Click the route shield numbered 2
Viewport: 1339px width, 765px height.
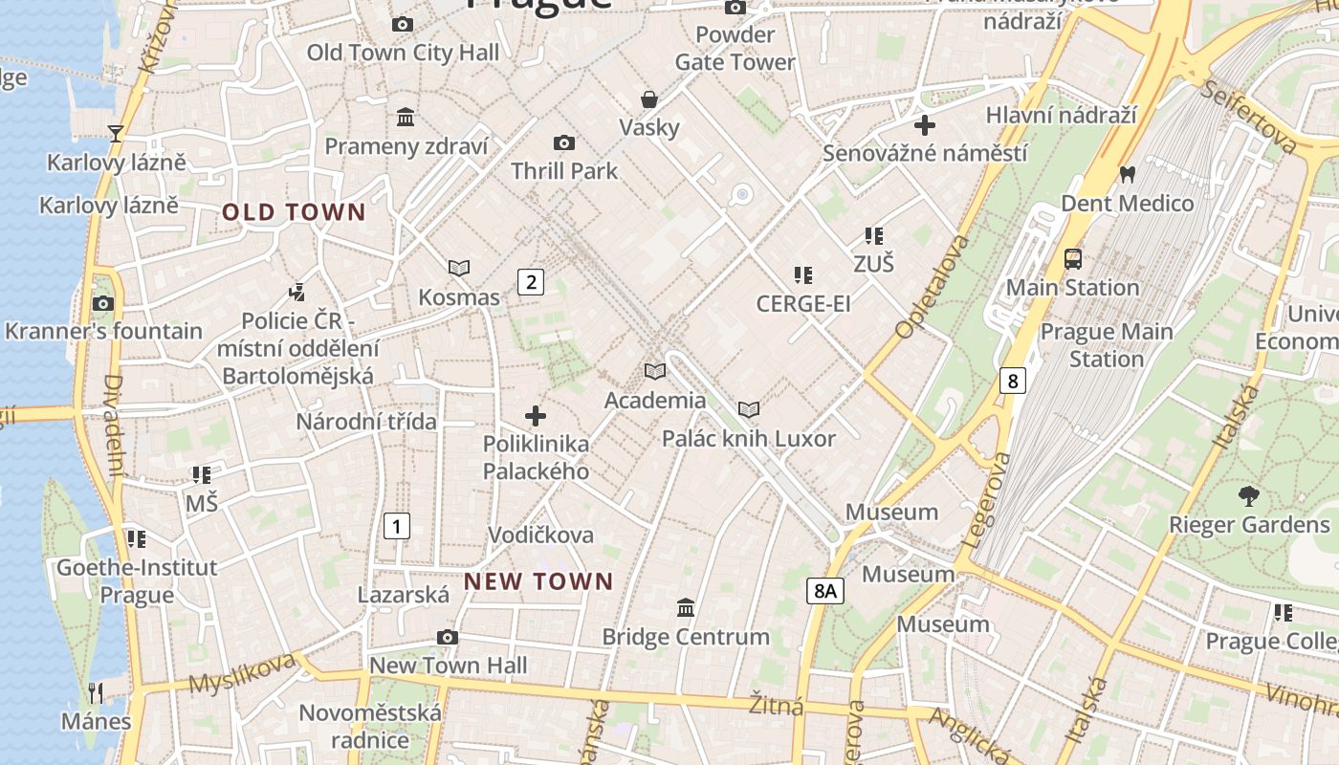(530, 281)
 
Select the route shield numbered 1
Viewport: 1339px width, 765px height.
(396, 525)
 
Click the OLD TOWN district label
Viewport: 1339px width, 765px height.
(295, 212)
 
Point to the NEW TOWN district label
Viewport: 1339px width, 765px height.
(538, 581)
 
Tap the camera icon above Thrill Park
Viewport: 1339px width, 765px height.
(564, 143)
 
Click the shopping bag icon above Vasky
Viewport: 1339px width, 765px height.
(649, 99)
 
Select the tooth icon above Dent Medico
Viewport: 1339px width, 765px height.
(1127, 175)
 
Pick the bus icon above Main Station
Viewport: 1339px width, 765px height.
(1073, 259)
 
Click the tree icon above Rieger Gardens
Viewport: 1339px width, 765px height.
(1248, 496)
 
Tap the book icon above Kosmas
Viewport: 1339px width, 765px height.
(459, 269)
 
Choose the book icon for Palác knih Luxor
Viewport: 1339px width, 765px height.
(749, 410)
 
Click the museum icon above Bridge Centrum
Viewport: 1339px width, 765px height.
(686, 608)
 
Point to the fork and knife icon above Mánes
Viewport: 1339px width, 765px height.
(96, 692)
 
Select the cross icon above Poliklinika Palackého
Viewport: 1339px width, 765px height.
(536, 416)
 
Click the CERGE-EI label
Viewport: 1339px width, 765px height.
(802, 304)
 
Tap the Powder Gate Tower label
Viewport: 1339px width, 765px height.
(735, 49)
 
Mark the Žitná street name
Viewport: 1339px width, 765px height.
(776, 705)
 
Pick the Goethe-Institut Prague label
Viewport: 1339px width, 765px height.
(137, 581)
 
